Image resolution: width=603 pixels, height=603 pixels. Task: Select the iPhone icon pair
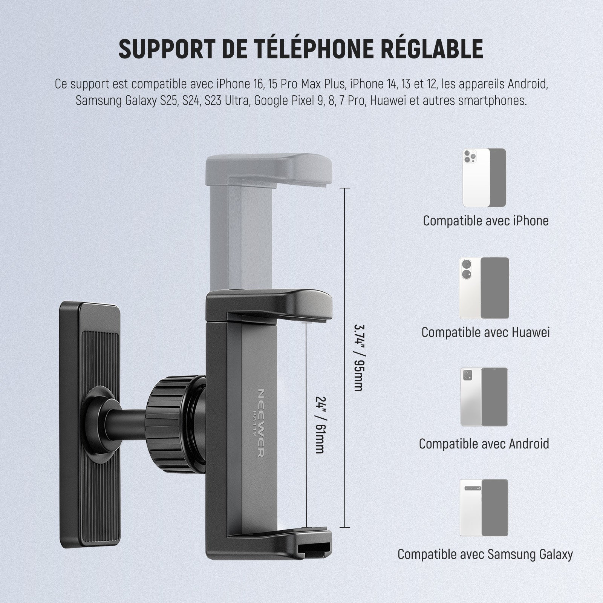(x=484, y=178)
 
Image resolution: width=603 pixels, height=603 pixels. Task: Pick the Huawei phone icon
(x=484, y=288)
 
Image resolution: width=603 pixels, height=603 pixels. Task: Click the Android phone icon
(x=484, y=397)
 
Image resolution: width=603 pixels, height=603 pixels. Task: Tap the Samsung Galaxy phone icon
(x=484, y=508)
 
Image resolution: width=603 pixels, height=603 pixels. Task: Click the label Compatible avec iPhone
(x=485, y=221)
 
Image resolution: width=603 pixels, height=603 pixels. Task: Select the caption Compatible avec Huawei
(x=485, y=332)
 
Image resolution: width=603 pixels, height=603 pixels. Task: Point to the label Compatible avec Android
(x=484, y=444)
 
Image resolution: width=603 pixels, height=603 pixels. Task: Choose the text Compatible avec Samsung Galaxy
(x=485, y=554)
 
